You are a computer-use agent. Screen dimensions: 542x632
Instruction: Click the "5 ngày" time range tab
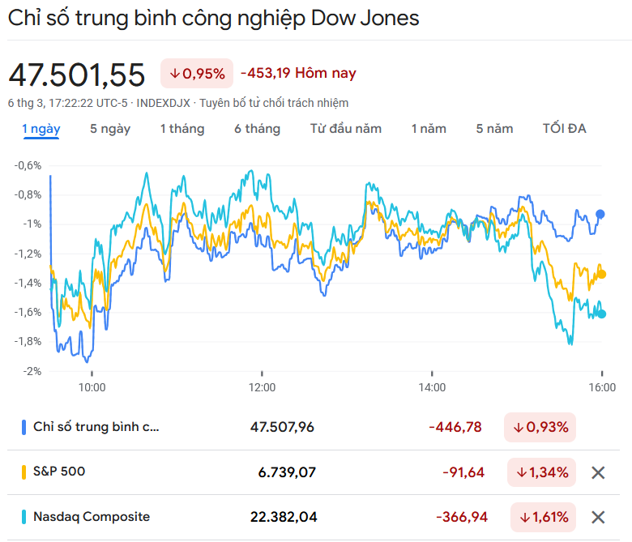coord(110,129)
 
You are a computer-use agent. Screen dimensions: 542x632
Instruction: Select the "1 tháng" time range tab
coord(181,129)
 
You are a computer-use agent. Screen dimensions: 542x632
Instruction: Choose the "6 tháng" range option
coord(257,129)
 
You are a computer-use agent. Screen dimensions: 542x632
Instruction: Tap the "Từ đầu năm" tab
coord(345,129)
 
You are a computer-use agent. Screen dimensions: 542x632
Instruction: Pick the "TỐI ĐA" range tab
coord(564,129)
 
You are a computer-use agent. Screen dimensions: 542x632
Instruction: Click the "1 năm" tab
coord(428,129)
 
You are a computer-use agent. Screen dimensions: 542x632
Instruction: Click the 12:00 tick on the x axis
coord(263,387)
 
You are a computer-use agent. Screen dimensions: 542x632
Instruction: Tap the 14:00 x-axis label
coord(433,387)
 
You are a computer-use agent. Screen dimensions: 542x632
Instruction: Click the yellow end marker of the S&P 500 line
coord(601,274)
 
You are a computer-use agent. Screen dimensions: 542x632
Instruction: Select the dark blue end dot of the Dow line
coord(600,214)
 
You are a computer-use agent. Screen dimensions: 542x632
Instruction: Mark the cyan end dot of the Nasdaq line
coord(601,314)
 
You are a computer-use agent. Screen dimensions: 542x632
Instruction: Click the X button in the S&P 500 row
coord(598,472)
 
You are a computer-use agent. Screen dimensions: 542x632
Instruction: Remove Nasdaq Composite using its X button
coord(598,517)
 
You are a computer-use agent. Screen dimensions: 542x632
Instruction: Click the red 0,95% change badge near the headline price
coord(197,74)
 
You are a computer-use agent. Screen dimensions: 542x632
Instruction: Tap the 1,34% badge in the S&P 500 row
coord(542,472)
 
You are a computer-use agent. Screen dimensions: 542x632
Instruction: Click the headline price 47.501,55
coord(77,75)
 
